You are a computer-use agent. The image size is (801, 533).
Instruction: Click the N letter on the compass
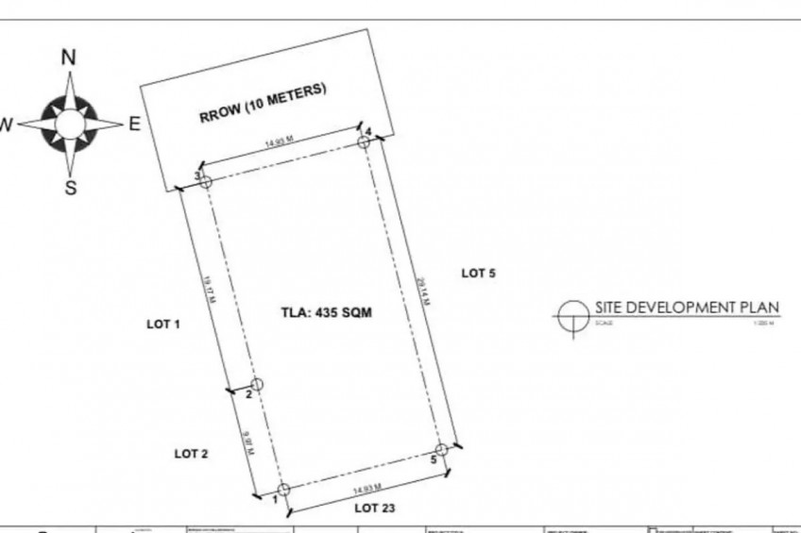pyautogui.click(x=69, y=58)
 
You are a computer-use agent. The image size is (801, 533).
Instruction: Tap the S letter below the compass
pyautogui.click(x=70, y=188)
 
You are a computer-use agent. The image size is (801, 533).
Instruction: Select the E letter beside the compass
pyautogui.click(x=134, y=124)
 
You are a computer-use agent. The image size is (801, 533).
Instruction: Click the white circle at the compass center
pyautogui.click(x=69, y=123)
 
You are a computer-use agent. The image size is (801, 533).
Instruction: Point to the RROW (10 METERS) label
pyautogui.click(x=263, y=104)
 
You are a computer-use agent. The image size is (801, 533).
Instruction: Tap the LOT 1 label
pyautogui.click(x=162, y=324)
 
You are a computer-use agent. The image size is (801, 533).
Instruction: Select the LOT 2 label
pyautogui.click(x=191, y=454)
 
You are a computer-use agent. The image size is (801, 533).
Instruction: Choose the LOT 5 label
pyautogui.click(x=478, y=274)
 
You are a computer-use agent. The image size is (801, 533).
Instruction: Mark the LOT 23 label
pyautogui.click(x=375, y=508)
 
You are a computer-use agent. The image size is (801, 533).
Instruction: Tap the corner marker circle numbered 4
pyautogui.click(x=364, y=142)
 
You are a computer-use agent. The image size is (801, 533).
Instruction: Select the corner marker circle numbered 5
pyautogui.click(x=440, y=450)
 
